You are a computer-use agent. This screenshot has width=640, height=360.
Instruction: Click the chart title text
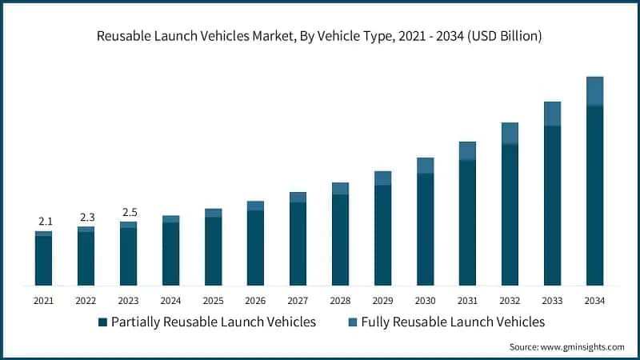[320, 35]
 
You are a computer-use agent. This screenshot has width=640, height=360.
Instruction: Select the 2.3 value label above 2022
[86, 217]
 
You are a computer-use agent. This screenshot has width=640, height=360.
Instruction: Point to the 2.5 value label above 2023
[128, 212]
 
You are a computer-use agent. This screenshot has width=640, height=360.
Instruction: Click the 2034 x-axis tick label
[594, 301]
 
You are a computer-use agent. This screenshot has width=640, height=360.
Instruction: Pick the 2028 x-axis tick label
[340, 301]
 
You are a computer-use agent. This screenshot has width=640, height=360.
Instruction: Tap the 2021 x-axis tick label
[43, 301]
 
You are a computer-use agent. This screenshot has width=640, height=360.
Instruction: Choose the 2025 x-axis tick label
[213, 301]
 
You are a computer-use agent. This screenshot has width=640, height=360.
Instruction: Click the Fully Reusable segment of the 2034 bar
[594, 91]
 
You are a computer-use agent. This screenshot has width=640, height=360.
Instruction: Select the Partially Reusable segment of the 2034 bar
[594, 196]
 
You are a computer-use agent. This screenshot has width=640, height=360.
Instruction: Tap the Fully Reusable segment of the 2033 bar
[552, 114]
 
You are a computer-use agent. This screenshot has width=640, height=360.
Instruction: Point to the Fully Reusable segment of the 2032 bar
[510, 134]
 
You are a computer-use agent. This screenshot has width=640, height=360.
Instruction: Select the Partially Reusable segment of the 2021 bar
[43, 261]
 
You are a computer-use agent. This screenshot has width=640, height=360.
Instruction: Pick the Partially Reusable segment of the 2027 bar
[298, 244]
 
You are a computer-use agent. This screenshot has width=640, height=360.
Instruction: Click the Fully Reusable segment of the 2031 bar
[467, 151]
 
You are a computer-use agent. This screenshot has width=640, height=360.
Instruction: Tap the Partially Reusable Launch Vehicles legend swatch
[102, 322]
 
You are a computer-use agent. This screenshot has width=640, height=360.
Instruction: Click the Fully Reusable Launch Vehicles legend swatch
[353, 322]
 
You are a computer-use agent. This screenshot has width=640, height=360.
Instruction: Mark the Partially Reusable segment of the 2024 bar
[170, 254]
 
